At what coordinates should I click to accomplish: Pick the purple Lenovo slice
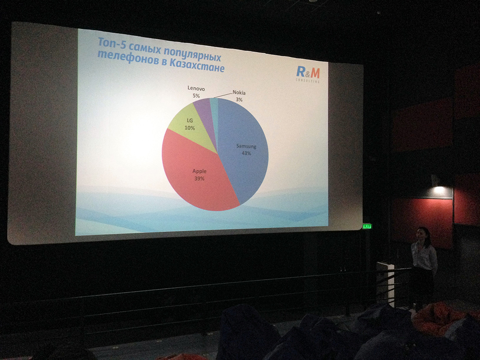coord(204,113)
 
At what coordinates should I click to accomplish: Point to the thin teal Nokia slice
coord(214,110)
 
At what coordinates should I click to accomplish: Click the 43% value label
coord(246,153)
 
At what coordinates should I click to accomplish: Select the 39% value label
coord(199,178)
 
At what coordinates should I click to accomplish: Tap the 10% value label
coord(189,128)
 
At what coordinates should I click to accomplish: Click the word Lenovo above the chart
coord(196,89)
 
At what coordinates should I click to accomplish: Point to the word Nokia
coord(239,93)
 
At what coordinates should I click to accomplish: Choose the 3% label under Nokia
coord(239,99)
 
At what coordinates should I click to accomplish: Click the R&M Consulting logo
coord(308,74)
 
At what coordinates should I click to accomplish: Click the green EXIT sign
coord(367,226)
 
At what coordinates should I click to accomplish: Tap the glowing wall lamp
coord(439,190)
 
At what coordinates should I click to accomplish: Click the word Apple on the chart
coord(199,171)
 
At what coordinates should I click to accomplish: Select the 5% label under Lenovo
coord(196,96)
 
